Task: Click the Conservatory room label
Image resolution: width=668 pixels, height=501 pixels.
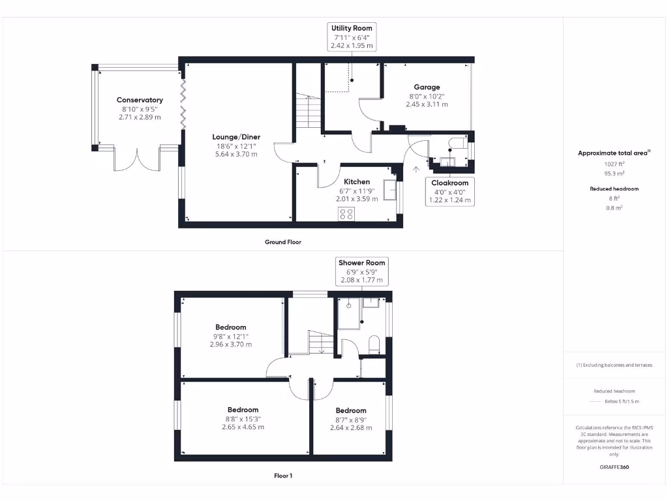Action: pos(140,100)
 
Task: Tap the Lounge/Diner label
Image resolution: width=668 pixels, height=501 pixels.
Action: pos(236,137)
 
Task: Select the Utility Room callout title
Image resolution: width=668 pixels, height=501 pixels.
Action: pos(352,29)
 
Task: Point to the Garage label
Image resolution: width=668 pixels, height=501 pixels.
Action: pos(427,87)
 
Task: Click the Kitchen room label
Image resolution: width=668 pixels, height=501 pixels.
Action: pos(357,182)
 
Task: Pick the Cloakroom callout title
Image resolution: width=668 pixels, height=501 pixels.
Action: pos(450,183)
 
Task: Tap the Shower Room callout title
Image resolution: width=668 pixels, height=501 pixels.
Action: pos(361,262)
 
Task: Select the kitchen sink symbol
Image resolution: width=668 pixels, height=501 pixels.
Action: pos(392,189)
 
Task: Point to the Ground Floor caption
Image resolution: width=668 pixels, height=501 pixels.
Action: pos(283,242)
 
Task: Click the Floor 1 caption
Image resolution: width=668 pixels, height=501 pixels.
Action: pos(283,476)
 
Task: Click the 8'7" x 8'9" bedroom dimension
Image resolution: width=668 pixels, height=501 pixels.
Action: pos(351,419)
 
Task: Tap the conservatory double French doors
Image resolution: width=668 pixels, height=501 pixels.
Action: pos(138,160)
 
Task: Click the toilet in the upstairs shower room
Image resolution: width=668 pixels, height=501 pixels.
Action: pos(374,343)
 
